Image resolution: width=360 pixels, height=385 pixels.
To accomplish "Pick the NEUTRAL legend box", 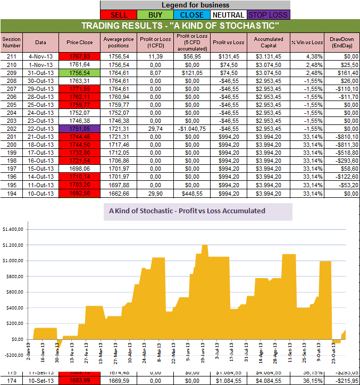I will point(227,15).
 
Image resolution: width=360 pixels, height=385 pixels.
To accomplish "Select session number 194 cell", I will point(11,194).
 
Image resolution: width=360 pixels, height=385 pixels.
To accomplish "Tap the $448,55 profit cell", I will point(188,194).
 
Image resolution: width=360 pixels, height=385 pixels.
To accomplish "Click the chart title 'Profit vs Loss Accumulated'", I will point(187,211).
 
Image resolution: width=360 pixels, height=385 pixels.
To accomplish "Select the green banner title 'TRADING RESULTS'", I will point(180,26).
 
